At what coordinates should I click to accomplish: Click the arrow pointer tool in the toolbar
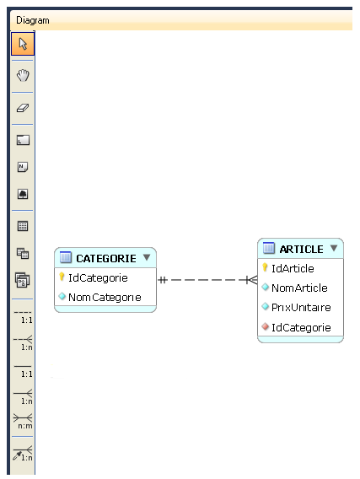[x=23, y=44]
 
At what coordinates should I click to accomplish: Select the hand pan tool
[x=23, y=75]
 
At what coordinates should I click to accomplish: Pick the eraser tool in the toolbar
[x=23, y=108]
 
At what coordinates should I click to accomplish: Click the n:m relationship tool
[x=23, y=421]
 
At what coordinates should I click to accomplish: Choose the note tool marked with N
[x=23, y=167]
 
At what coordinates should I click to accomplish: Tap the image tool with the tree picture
[x=23, y=194]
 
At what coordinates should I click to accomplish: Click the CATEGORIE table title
[x=106, y=259]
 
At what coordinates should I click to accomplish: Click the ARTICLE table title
[x=301, y=250]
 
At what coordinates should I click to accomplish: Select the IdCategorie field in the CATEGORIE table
[x=98, y=278]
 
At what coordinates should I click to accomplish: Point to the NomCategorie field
[x=105, y=297]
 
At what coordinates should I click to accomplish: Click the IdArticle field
[x=293, y=268]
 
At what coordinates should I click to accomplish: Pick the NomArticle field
[x=299, y=288]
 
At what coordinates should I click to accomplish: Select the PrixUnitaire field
[x=301, y=307]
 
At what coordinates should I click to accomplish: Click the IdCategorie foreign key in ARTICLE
[x=301, y=327]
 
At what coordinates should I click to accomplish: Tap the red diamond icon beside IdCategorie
[x=266, y=326]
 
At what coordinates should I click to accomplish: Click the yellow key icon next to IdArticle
[x=265, y=267]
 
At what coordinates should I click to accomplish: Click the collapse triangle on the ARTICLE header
[x=334, y=248]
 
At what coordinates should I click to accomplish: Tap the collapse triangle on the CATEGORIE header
[x=147, y=257]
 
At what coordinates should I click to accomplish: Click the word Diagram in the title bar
[x=33, y=20]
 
